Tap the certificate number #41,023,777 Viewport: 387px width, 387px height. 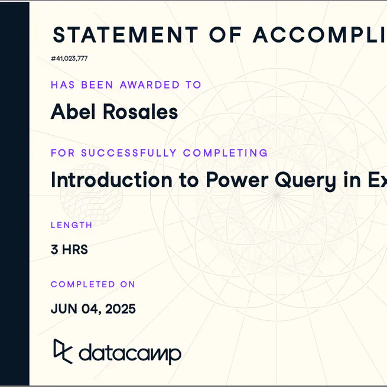point(69,58)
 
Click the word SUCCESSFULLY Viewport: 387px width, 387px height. point(129,153)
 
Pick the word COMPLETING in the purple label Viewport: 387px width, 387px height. point(225,153)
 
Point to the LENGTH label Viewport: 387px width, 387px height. point(71,225)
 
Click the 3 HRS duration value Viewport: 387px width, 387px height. point(69,250)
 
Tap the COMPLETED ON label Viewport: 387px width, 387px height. point(93,284)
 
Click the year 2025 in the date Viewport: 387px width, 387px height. point(121,309)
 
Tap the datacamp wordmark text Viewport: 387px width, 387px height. point(129,353)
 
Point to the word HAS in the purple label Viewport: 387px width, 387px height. point(63,85)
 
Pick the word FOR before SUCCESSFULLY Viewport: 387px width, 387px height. point(63,153)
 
